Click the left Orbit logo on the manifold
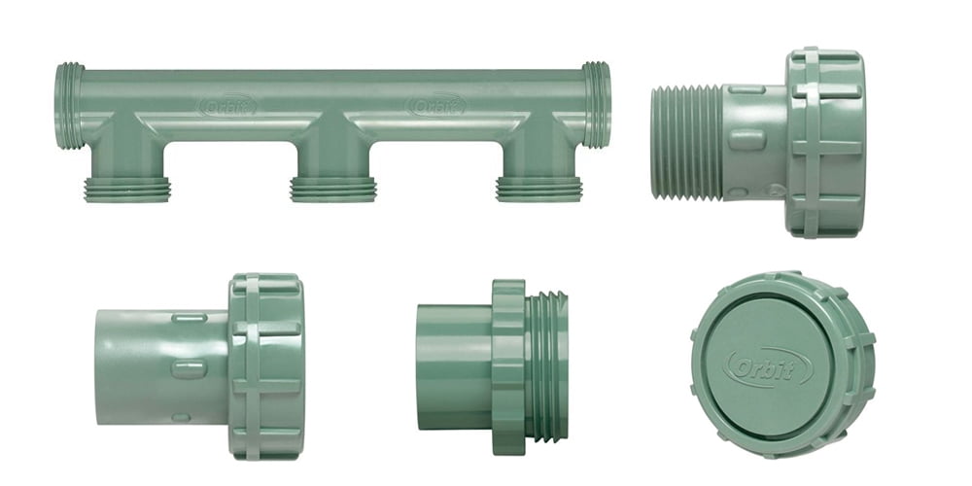click(x=227, y=104)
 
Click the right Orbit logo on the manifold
click(x=435, y=104)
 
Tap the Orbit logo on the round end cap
click(x=768, y=367)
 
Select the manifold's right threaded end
click(x=597, y=105)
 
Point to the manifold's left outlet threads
click(x=127, y=188)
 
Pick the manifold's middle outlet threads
click(x=333, y=188)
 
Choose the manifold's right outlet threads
click(x=539, y=188)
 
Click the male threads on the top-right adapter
click(x=685, y=141)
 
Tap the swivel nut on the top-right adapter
click(x=824, y=142)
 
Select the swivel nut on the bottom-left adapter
click(x=265, y=366)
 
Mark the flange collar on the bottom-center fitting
click(x=508, y=366)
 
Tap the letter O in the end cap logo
click(x=738, y=367)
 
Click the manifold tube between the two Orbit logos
click(x=330, y=104)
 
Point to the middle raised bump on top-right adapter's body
click(x=746, y=140)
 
